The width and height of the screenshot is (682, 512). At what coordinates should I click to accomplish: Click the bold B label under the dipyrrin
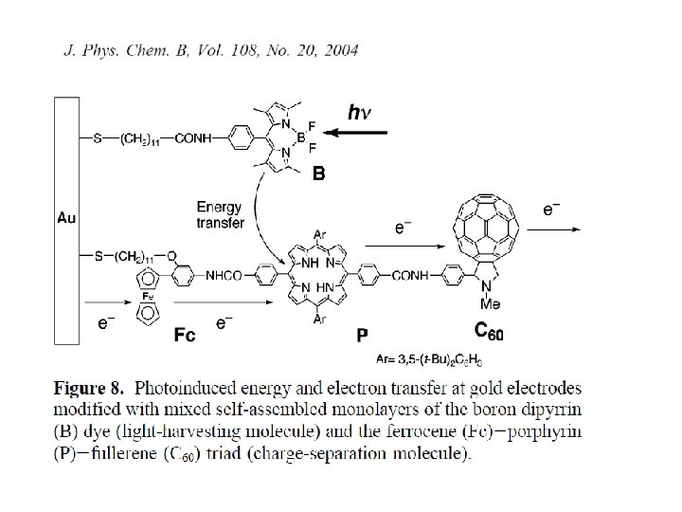318,174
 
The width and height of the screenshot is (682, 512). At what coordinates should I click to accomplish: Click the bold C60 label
490,331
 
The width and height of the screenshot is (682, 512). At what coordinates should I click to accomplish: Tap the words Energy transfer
220,215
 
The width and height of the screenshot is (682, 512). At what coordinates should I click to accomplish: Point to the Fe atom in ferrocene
148,296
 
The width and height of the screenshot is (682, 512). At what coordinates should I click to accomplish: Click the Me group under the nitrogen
491,305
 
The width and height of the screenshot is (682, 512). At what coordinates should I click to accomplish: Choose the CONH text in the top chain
196,139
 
